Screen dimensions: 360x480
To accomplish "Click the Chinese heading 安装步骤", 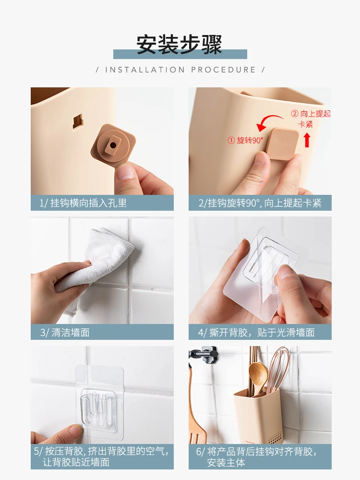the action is pyautogui.click(x=179, y=44).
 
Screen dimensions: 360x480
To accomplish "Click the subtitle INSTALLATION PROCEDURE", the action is pyautogui.click(x=180, y=70).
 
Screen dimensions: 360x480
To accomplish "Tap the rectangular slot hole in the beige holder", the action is pyautogui.click(x=78, y=121).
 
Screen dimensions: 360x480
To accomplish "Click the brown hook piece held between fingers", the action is pyautogui.click(x=113, y=143).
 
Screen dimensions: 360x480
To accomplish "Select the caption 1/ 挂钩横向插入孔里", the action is pyautogui.click(x=83, y=203).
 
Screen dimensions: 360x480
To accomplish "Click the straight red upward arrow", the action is pyautogui.click(x=307, y=139).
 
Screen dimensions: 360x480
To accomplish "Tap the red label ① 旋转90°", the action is pyautogui.click(x=245, y=140).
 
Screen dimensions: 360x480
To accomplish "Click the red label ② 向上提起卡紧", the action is pyautogui.click(x=311, y=119).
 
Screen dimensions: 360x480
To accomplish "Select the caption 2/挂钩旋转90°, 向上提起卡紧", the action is pyautogui.click(x=260, y=203).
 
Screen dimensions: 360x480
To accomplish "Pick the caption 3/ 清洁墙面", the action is pyautogui.click(x=65, y=333).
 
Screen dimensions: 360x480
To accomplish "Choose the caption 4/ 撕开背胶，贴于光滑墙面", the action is pyautogui.click(x=256, y=333).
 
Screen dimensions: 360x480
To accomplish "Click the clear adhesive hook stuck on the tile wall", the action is pyautogui.click(x=99, y=401).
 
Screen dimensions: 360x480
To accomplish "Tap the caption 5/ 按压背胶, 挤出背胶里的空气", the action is pyautogui.click(x=101, y=451).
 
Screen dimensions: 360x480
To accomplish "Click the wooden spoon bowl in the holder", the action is pyautogui.click(x=258, y=374).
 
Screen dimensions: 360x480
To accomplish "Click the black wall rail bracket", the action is pyautogui.click(x=204, y=355).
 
